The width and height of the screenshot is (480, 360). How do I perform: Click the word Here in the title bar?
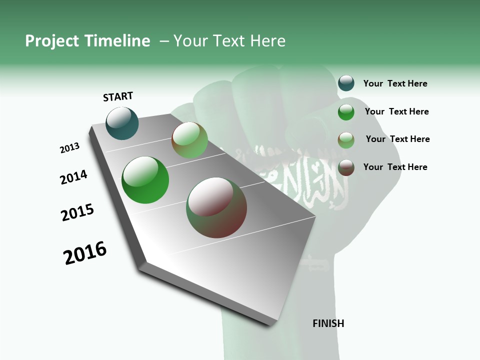tap(267, 41)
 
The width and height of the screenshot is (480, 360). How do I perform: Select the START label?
tap(118, 96)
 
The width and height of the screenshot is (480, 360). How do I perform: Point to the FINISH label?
tap(328, 323)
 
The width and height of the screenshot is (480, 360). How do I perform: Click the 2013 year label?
tap(70, 148)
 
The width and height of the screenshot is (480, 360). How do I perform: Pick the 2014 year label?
tap(74, 177)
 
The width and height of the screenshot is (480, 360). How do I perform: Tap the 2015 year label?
tap(77, 213)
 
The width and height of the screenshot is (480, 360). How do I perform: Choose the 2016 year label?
tap(85, 253)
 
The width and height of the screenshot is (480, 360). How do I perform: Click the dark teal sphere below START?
tap(122, 123)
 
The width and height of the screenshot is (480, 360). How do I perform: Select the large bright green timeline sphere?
tap(145, 180)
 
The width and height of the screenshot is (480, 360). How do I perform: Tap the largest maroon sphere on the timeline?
tap(216, 207)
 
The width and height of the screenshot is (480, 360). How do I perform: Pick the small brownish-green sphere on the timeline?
tap(189, 140)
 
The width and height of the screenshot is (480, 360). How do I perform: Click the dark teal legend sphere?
tap(346, 83)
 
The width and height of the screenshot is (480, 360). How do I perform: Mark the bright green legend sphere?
tap(346, 112)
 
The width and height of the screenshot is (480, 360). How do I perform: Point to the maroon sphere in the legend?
tap(346, 167)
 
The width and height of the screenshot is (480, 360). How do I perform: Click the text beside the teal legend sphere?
tap(395, 83)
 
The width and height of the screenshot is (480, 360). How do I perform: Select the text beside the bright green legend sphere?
tap(397, 111)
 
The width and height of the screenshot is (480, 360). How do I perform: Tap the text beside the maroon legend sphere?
tap(395, 167)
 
